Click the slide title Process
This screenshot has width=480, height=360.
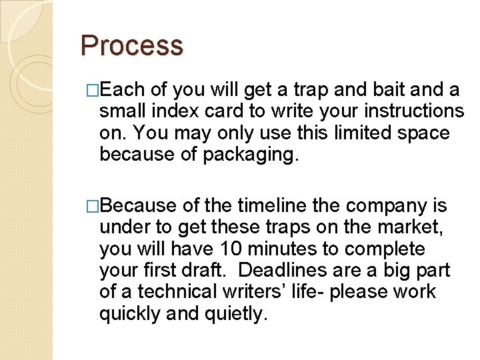tap(131, 46)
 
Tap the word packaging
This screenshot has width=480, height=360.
tap(259, 155)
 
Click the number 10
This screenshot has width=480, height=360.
tap(230, 249)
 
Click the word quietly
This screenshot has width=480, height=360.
tap(237, 313)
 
